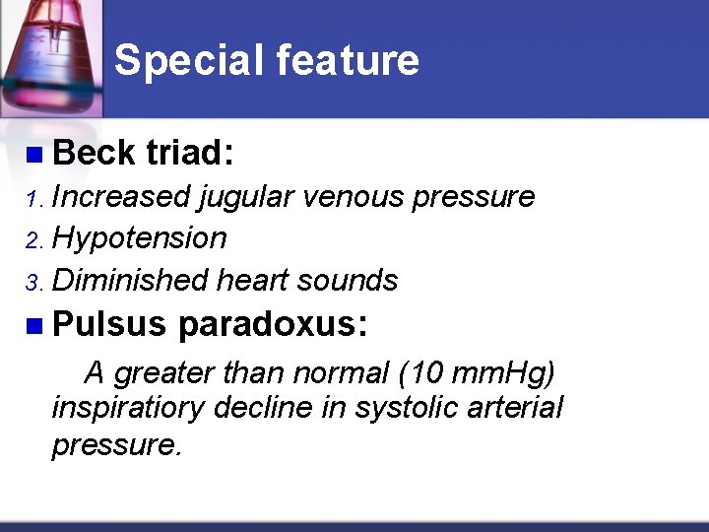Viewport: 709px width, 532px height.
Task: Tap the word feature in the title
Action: click(x=348, y=60)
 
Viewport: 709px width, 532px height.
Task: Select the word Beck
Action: click(x=95, y=153)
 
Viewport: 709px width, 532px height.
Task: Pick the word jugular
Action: click(x=246, y=198)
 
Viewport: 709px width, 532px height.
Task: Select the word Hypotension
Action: click(x=139, y=238)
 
